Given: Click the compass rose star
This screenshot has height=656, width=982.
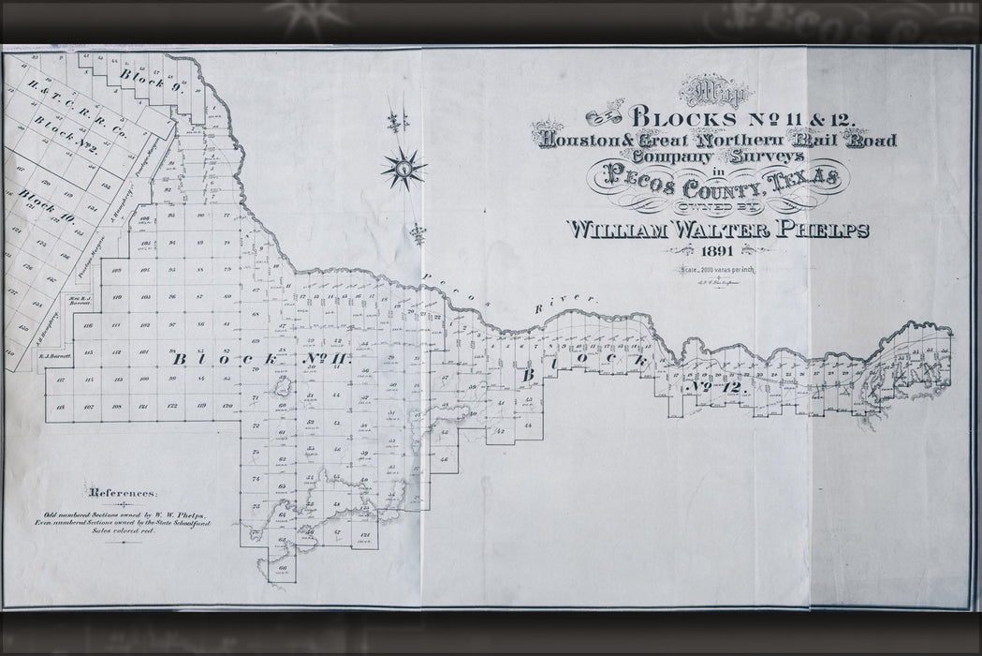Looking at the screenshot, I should tap(403, 170).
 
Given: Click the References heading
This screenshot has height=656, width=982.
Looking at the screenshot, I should tap(124, 493).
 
